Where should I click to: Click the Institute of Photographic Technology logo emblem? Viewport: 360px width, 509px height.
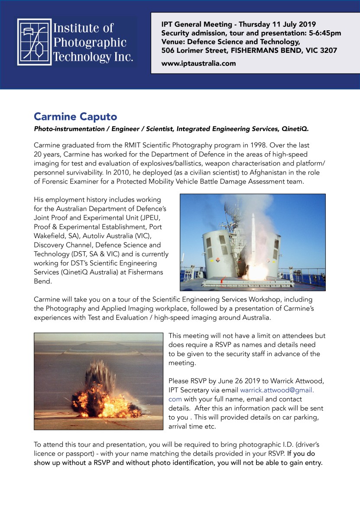33,42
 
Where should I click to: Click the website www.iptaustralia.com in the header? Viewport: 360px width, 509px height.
198,63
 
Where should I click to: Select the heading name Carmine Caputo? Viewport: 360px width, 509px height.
75,117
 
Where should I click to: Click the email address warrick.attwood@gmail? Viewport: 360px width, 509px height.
277,390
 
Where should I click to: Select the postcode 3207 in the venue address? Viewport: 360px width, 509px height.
326,50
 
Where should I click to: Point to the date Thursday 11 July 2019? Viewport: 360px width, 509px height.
277,24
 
